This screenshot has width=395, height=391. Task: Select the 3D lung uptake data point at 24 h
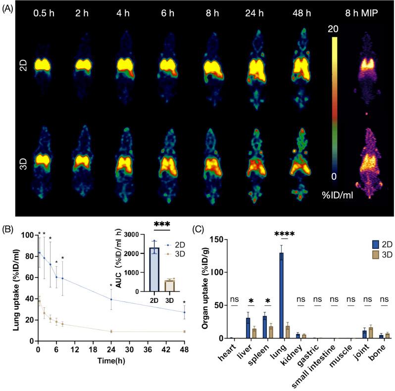(111, 331)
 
